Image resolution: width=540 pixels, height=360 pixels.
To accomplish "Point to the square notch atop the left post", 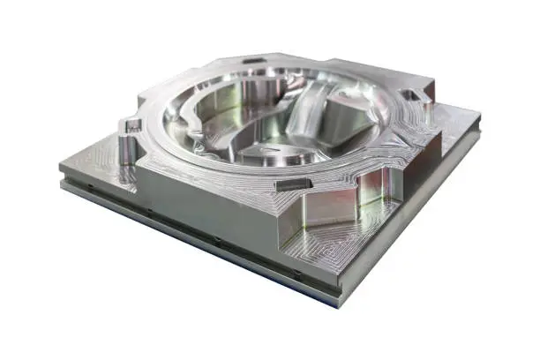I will pos(133,126).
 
